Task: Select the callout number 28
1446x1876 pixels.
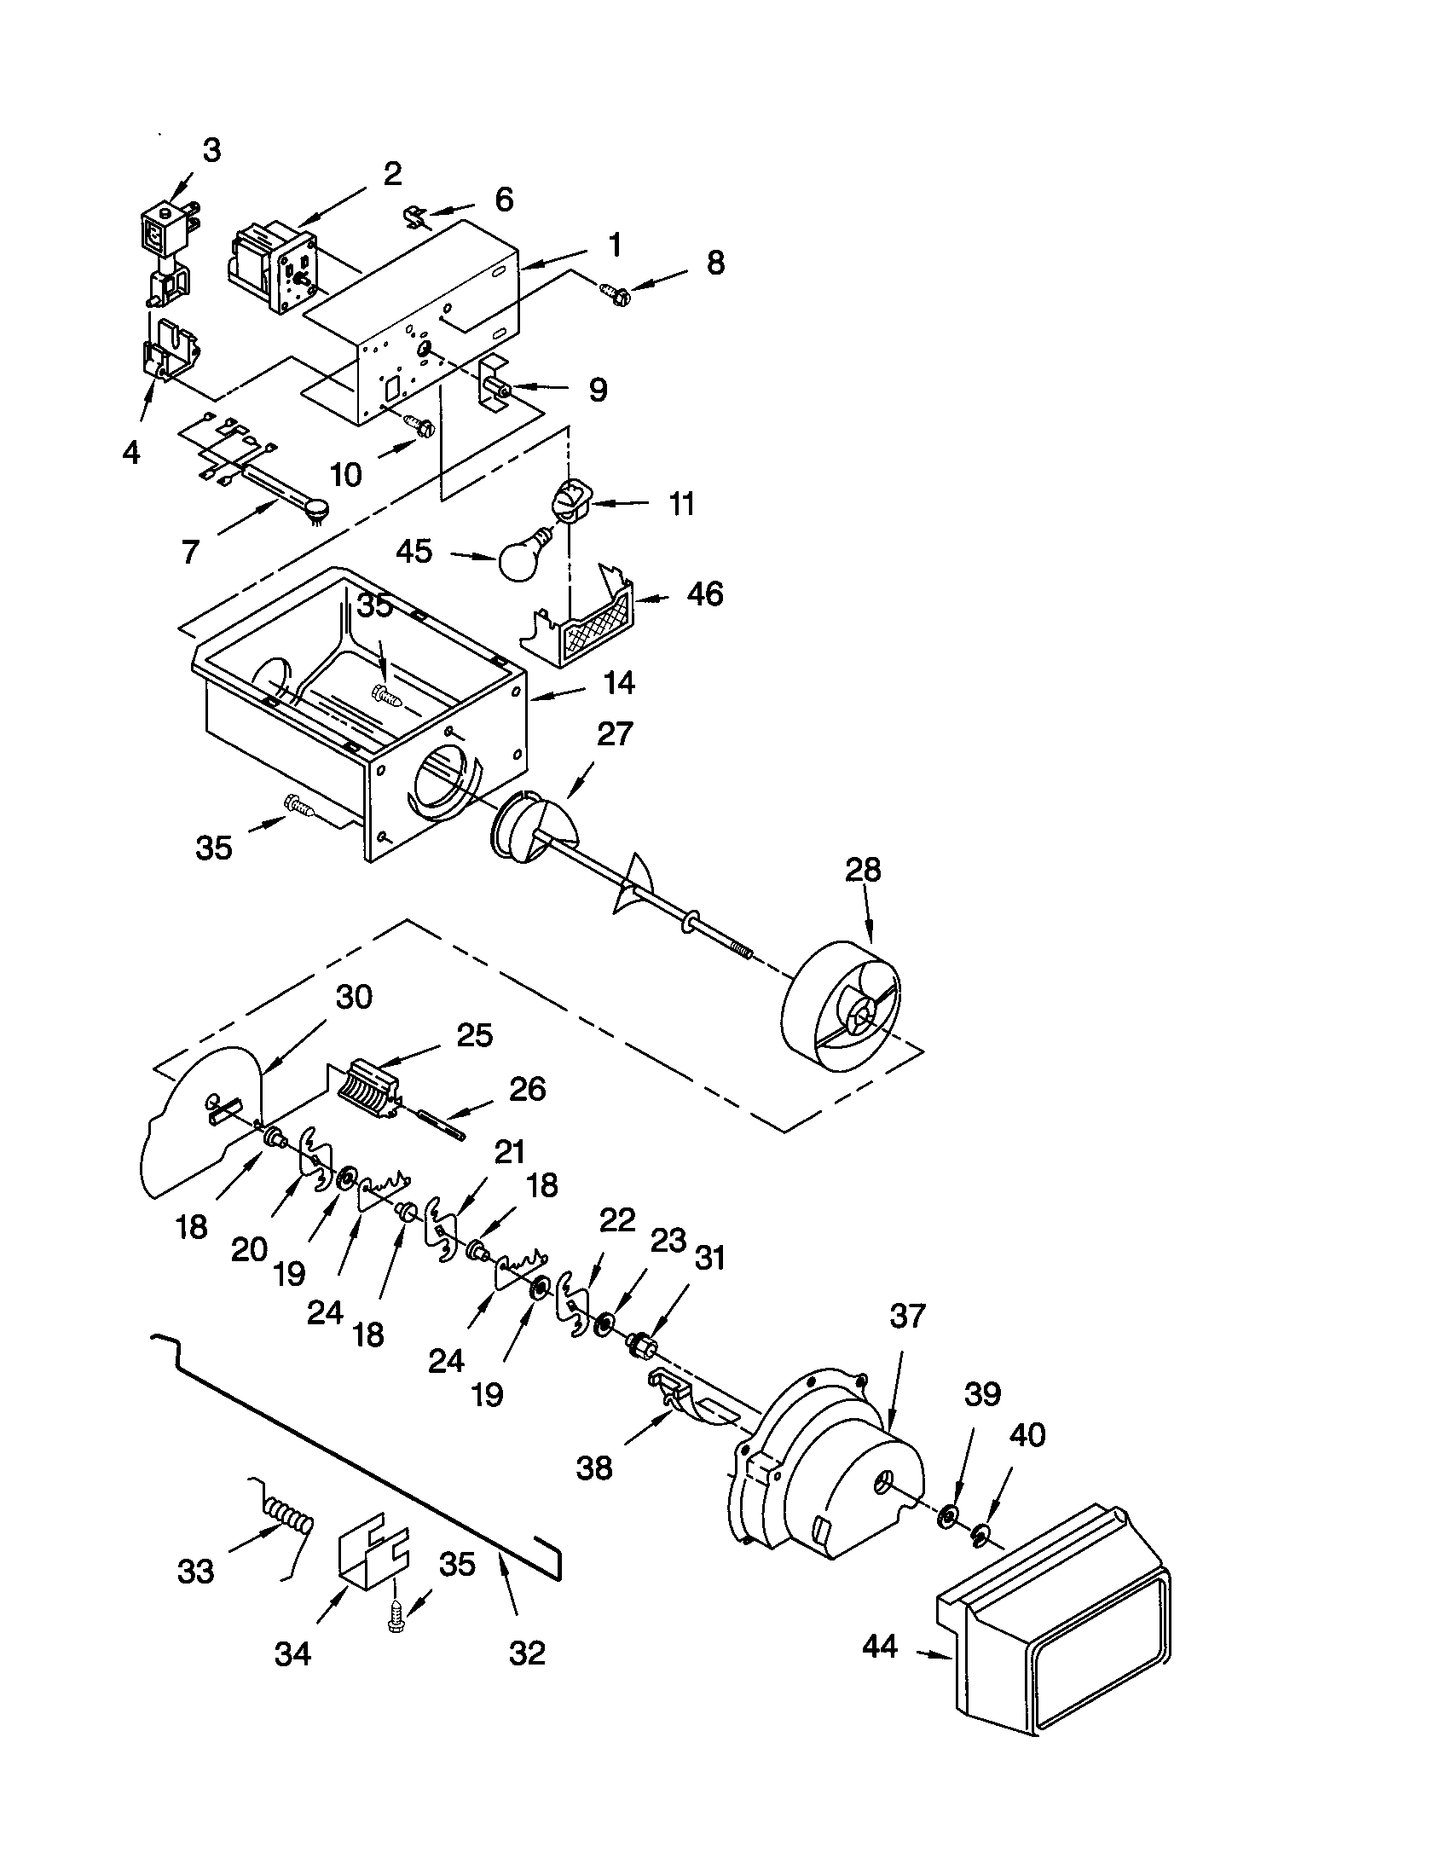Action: [x=862, y=869]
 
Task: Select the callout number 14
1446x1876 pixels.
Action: [x=618, y=683]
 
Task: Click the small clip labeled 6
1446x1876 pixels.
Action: [x=414, y=216]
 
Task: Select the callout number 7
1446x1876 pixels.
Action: [x=191, y=551]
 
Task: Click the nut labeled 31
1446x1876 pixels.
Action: [x=639, y=1341]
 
